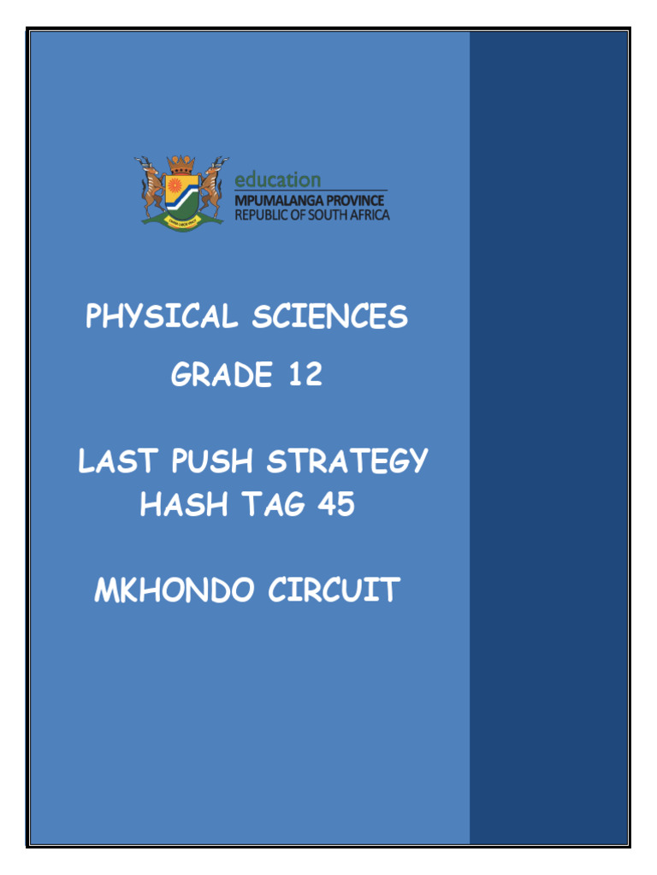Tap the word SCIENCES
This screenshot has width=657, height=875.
coord(329,318)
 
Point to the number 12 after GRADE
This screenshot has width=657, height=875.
coord(305,375)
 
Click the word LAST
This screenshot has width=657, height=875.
coord(117,462)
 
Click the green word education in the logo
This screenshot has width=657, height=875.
coord(278,179)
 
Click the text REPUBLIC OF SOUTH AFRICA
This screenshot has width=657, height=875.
coord(311,214)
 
